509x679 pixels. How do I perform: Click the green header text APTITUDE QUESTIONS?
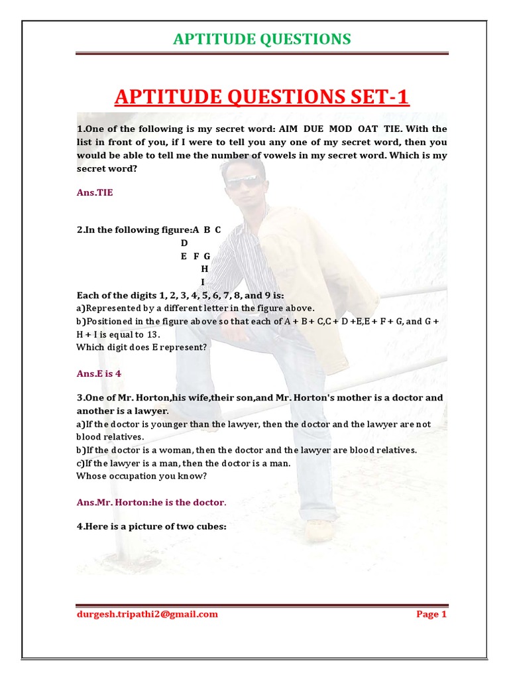click(x=262, y=39)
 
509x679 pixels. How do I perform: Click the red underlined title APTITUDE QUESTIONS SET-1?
click(x=262, y=97)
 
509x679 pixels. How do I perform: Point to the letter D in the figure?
click(x=184, y=243)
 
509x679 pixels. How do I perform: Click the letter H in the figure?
click(x=205, y=269)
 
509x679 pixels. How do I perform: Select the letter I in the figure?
click(x=203, y=282)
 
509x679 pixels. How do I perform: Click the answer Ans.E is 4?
click(x=99, y=373)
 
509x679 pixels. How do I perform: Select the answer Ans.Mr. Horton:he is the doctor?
click(x=152, y=502)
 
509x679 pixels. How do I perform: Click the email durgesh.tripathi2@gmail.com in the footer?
click(x=147, y=614)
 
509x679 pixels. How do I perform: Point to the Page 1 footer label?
click(x=431, y=614)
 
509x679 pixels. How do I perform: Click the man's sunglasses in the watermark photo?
click(x=243, y=180)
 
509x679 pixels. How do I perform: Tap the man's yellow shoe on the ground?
click(x=319, y=530)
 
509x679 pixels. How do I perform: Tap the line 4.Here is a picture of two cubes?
click(x=152, y=528)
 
